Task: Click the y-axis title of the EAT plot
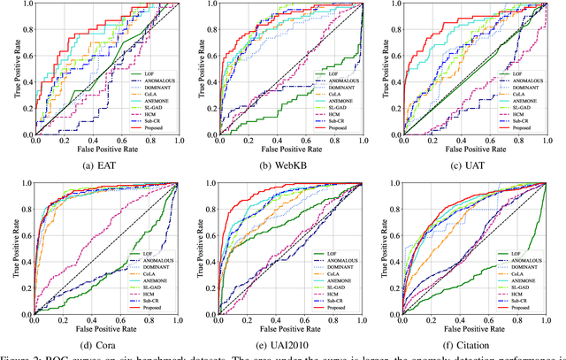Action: click(x=7, y=68)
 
